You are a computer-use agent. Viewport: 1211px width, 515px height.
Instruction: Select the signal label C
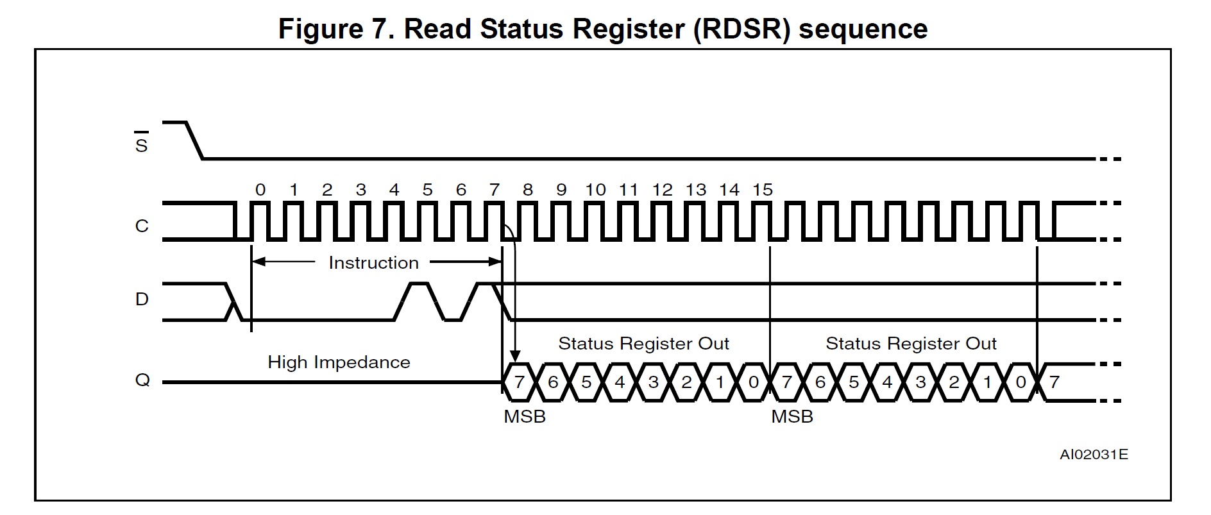pyautogui.click(x=142, y=226)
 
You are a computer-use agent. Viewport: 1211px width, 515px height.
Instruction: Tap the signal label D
pyautogui.click(x=142, y=299)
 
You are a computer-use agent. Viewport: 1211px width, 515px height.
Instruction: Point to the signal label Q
pyautogui.click(x=142, y=380)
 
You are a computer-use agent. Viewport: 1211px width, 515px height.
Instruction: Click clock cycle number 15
pyautogui.click(x=763, y=190)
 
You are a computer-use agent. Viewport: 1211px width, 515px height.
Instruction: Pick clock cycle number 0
pyautogui.click(x=260, y=190)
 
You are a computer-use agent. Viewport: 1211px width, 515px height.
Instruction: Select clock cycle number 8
pyautogui.click(x=527, y=190)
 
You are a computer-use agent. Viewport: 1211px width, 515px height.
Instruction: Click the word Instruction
pyautogui.click(x=373, y=263)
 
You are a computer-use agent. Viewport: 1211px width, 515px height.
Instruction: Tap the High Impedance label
pyautogui.click(x=339, y=362)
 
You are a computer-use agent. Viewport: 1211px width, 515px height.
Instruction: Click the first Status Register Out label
pyautogui.click(x=643, y=344)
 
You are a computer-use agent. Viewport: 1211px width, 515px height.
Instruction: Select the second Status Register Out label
pyautogui.click(x=911, y=344)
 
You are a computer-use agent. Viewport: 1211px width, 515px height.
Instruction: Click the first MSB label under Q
pyautogui.click(x=525, y=417)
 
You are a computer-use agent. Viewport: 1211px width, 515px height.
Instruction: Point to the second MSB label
pyautogui.click(x=792, y=417)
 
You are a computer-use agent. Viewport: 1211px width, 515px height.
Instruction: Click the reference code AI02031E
pyautogui.click(x=1094, y=455)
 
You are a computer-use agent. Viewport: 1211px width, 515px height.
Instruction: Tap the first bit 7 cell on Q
pyautogui.click(x=520, y=382)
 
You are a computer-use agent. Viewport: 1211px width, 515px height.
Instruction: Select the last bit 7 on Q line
pyautogui.click(x=1054, y=382)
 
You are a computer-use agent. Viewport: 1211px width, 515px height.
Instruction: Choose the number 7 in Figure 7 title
pyautogui.click(x=377, y=30)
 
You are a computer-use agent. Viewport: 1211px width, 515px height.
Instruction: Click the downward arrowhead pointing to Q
pyautogui.click(x=514, y=356)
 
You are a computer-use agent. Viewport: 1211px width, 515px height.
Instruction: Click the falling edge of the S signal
pyautogui.click(x=194, y=140)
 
